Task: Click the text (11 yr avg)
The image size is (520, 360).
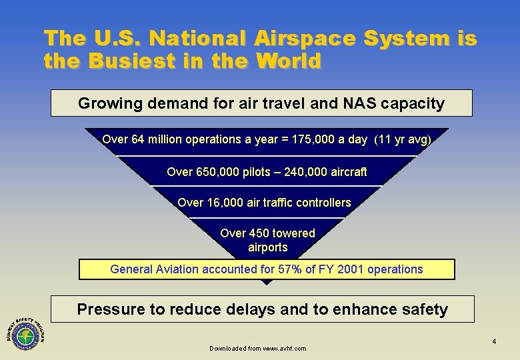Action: click(x=403, y=139)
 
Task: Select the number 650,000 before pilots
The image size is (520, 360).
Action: click(x=217, y=171)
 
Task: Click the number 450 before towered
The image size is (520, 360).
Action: click(x=260, y=233)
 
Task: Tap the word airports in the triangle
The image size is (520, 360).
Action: click(x=267, y=247)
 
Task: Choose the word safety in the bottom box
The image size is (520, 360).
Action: click(x=423, y=309)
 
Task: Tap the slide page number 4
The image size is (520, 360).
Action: click(x=494, y=342)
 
